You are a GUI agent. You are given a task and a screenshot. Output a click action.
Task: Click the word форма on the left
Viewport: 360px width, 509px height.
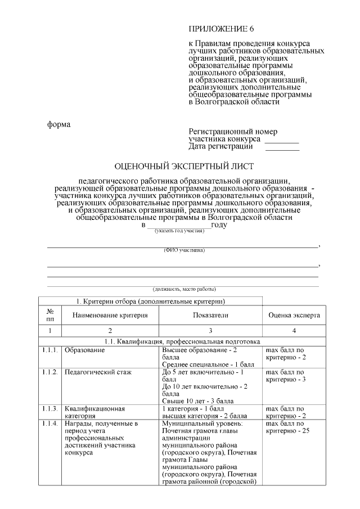[x=58, y=124]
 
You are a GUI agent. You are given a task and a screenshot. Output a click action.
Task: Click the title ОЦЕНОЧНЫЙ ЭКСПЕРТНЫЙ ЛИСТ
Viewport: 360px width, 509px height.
[x=184, y=166]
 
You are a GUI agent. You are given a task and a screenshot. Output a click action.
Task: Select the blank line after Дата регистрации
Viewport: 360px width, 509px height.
[x=282, y=148]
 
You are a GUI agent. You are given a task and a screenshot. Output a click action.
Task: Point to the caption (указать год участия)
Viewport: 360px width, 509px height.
[x=175, y=231]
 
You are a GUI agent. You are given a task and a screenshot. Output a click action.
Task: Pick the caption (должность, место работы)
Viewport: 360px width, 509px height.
[x=184, y=289]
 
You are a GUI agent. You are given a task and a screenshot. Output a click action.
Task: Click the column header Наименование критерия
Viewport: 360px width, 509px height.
[x=110, y=316]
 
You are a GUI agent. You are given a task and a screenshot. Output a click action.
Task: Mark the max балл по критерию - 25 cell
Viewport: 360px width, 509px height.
[x=287, y=427]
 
